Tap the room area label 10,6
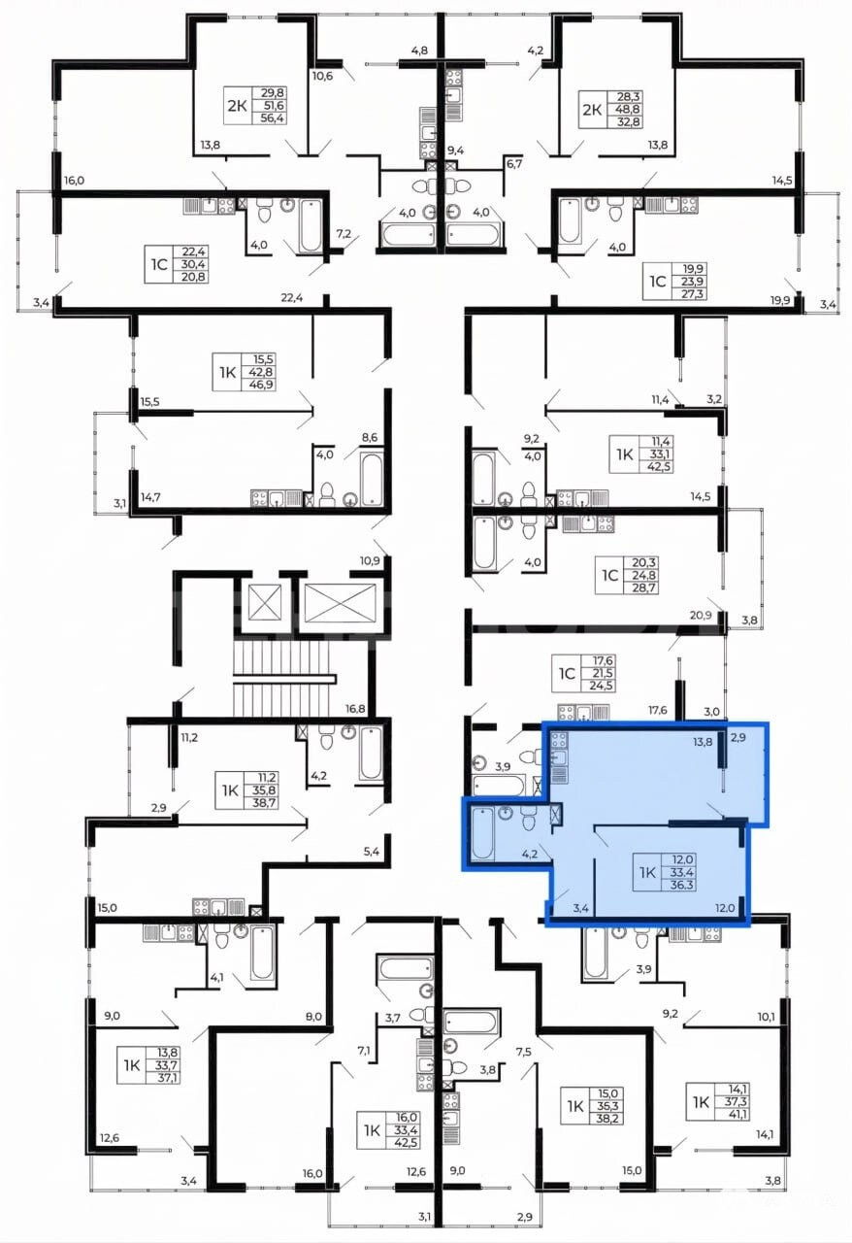pyautogui.click(x=322, y=76)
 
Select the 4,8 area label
pyautogui.click(x=419, y=51)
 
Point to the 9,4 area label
pyautogui.click(x=455, y=150)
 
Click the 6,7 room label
pyautogui.click(x=514, y=164)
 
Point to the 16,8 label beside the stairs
pyautogui.click(x=355, y=709)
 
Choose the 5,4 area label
pyautogui.click(x=371, y=852)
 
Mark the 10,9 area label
pyautogui.click(x=370, y=560)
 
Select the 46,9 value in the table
pyautogui.click(x=261, y=384)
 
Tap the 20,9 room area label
pyautogui.click(x=701, y=615)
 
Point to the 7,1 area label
pyautogui.click(x=364, y=1050)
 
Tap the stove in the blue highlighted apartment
pyautogui.click(x=559, y=739)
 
